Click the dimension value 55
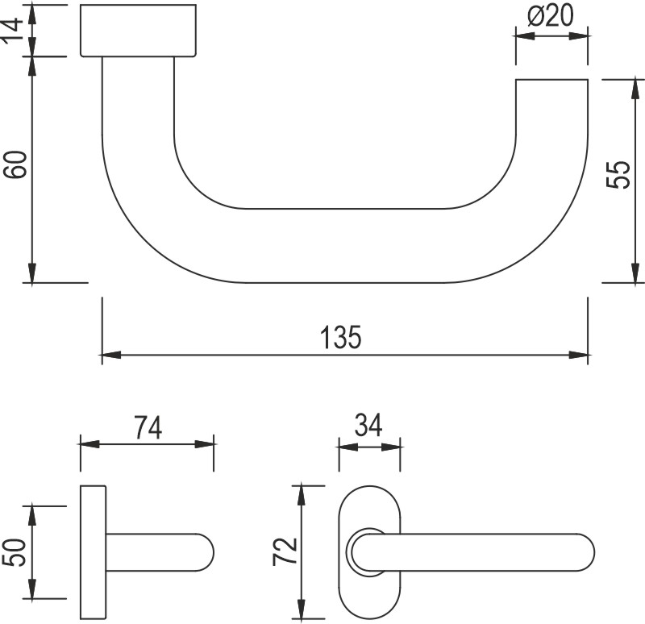(x=616, y=175)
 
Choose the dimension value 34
(x=369, y=426)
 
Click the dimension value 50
(x=19, y=552)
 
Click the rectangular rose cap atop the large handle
(x=138, y=31)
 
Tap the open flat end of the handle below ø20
(x=551, y=80)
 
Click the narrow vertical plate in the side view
(x=93, y=552)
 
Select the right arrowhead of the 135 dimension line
(x=580, y=354)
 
